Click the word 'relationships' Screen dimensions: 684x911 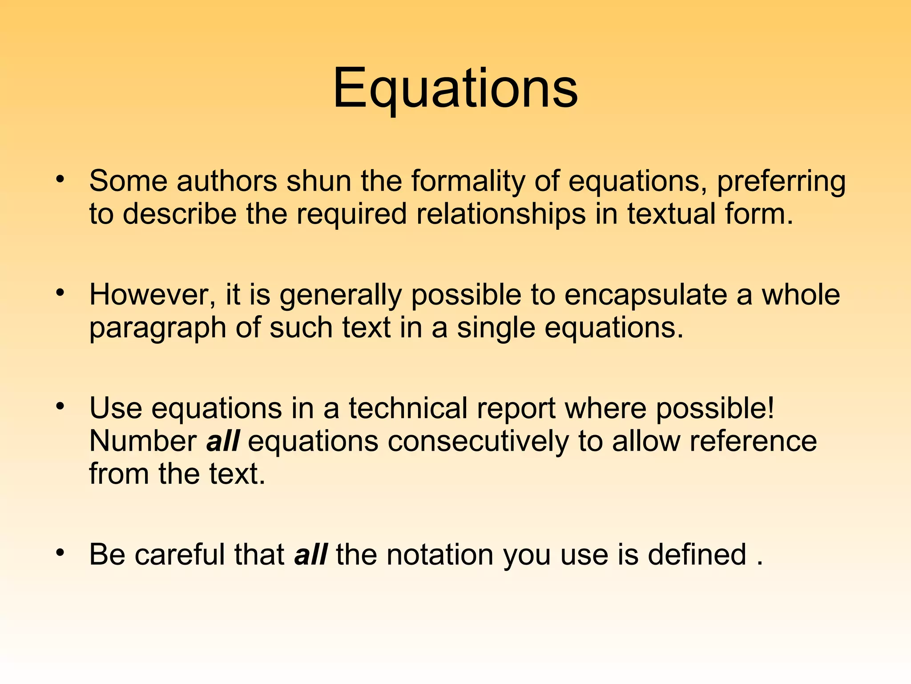pyautogui.click(x=501, y=215)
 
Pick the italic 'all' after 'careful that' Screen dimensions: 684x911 pyautogui.click(x=311, y=554)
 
